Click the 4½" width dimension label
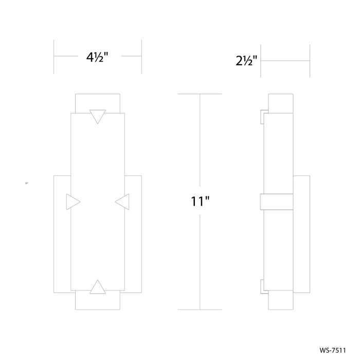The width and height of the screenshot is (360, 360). click(97, 57)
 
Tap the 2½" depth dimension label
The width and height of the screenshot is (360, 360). click(246, 61)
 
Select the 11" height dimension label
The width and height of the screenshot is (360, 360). click(200, 201)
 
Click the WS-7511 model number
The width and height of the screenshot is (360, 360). click(333, 350)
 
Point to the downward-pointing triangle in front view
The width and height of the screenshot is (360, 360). click(98, 116)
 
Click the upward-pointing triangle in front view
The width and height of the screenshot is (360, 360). click(98, 287)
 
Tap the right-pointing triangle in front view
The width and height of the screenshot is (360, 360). click(73, 202)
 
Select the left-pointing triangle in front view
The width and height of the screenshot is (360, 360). click(122, 202)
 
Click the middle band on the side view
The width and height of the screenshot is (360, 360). click(277, 202)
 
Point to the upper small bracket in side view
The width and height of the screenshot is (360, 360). click(262, 117)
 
